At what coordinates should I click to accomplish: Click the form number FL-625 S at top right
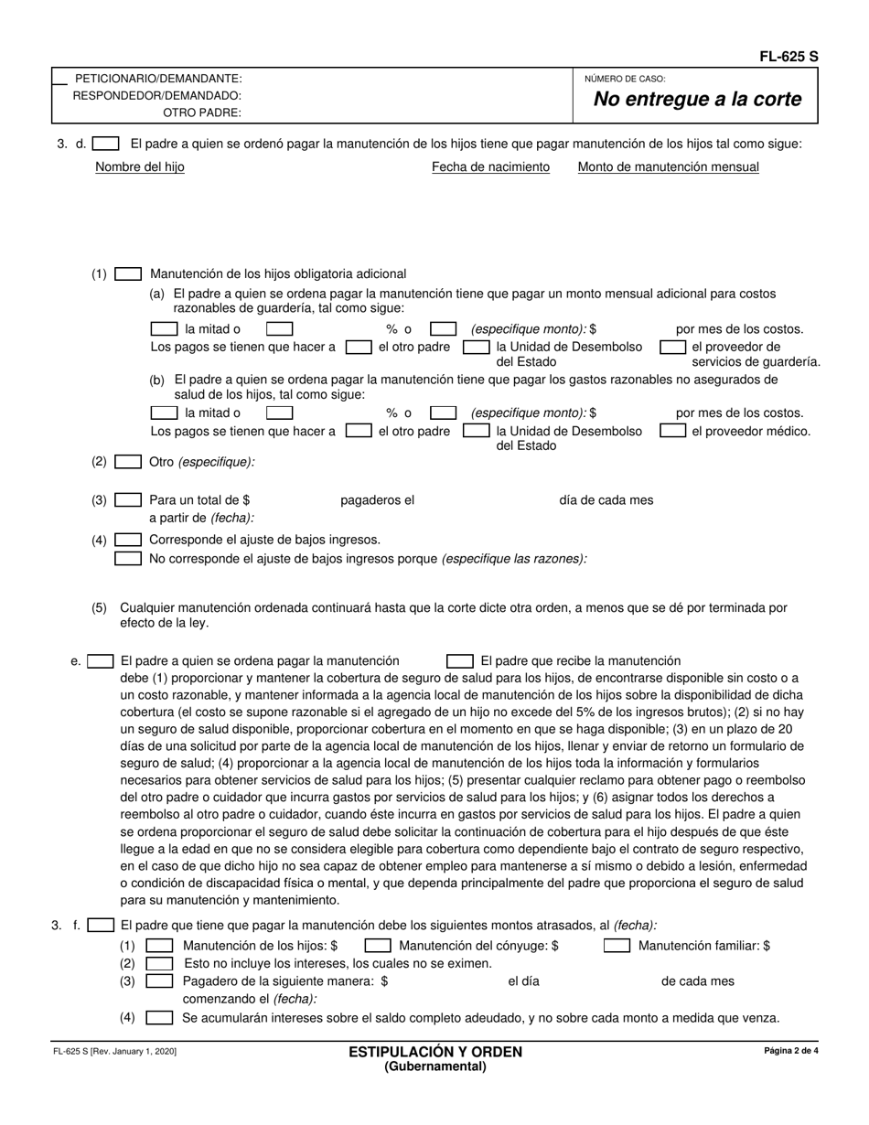[x=789, y=57]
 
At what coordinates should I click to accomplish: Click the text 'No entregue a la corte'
[x=697, y=100]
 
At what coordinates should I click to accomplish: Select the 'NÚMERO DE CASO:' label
[x=625, y=80]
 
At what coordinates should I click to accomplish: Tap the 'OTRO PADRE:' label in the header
[x=202, y=112]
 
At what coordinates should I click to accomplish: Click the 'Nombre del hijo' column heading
[x=140, y=166]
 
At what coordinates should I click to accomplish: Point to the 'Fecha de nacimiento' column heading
[x=490, y=166]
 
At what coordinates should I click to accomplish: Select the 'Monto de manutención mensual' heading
[x=668, y=166]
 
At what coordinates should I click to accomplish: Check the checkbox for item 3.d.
[x=106, y=144]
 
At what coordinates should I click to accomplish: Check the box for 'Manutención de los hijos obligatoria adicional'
[x=128, y=273]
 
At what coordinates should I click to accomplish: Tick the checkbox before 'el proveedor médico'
[x=673, y=431]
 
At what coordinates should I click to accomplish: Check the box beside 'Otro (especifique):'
[x=128, y=462]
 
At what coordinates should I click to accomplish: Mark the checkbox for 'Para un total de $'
[x=128, y=500]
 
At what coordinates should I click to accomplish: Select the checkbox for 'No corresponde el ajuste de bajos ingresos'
[x=128, y=558]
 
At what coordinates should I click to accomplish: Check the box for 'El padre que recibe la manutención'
[x=460, y=660]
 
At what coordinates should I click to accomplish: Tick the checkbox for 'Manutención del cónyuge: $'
[x=379, y=946]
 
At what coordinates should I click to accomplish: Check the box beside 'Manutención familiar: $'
[x=617, y=946]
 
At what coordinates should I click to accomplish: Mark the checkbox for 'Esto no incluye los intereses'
[x=160, y=963]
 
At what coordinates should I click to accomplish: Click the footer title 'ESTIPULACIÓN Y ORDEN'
[x=434, y=1052]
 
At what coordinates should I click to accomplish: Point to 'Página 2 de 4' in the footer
[x=791, y=1051]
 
